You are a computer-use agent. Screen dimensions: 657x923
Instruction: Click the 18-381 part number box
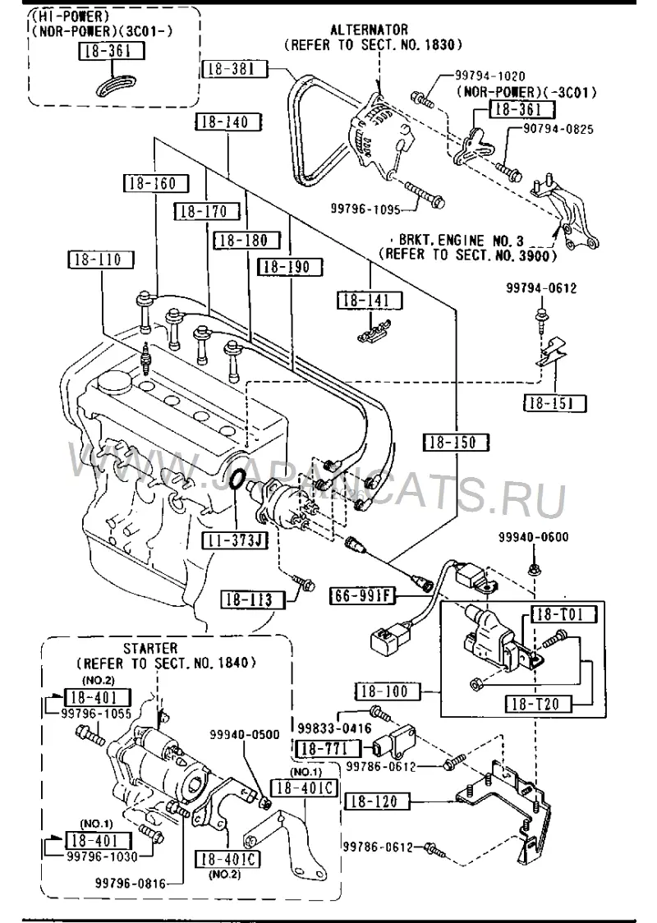click(235, 70)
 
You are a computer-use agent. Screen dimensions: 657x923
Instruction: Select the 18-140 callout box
click(228, 122)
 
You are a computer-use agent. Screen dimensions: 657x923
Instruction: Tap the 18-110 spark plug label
click(102, 259)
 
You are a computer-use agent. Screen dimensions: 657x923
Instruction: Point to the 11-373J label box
click(234, 540)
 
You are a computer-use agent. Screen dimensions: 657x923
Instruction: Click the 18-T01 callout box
click(564, 615)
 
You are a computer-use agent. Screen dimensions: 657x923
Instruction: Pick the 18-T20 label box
click(539, 704)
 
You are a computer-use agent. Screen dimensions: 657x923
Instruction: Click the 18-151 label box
click(555, 403)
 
